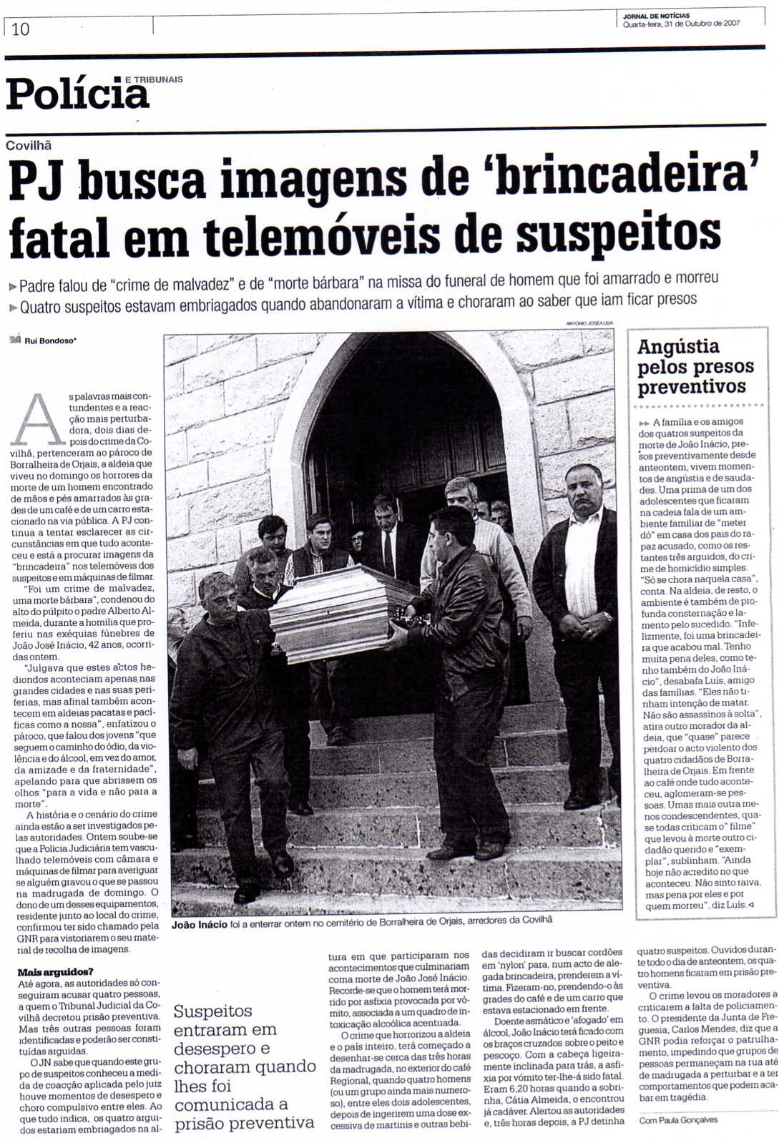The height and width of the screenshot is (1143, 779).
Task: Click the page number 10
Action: tap(20, 29)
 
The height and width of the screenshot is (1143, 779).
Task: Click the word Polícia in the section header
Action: tap(77, 94)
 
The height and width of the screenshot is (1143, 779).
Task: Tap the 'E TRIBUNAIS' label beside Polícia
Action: tap(153, 79)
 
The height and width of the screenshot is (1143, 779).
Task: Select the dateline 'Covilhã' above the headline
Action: tap(29, 145)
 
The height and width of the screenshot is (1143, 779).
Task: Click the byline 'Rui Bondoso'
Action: tap(49, 340)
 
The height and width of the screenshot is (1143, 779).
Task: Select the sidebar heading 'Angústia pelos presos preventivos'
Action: tap(692, 367)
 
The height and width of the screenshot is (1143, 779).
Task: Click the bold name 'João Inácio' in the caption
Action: tap(199, 925)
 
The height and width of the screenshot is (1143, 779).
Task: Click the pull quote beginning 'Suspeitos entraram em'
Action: tap(244, 1066)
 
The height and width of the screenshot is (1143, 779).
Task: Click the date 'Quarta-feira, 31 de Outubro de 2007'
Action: tap(681, 23)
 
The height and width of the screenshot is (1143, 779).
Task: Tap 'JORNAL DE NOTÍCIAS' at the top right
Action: tap(656, 15)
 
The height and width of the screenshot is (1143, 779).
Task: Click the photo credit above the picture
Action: tap(589, 323)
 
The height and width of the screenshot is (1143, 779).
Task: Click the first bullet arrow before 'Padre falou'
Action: tap(13, 287)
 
